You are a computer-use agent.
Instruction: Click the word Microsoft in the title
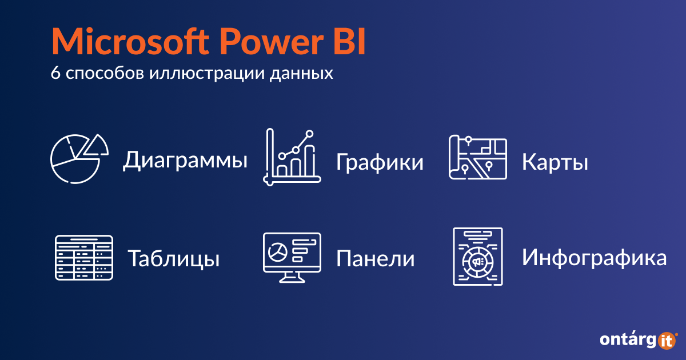(130, 41)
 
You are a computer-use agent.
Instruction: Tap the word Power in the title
(272, 41)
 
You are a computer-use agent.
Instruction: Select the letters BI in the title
(349, 41)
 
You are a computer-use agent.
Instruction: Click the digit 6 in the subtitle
(55, 73)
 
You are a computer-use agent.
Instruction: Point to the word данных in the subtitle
(301, 74)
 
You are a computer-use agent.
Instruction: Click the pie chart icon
(79, 159)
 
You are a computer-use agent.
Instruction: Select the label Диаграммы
(185, 160)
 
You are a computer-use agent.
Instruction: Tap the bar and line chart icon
(292, 157)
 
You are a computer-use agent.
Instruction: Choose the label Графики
(380, 162)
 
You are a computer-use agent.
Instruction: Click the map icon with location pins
(478, 157)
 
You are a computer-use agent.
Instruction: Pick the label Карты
(555, 162)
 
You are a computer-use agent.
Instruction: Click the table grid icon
(84, 258)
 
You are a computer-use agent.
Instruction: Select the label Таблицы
(174, 259)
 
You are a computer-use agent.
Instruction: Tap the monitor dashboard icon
(292, 258)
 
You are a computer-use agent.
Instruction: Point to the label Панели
(376, 259)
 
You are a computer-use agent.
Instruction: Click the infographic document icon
(478, 257)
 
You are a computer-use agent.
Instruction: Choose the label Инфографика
(594, 258)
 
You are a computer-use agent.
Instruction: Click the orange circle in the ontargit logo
(667, 341)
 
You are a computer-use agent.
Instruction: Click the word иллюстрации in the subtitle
(207, 74)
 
